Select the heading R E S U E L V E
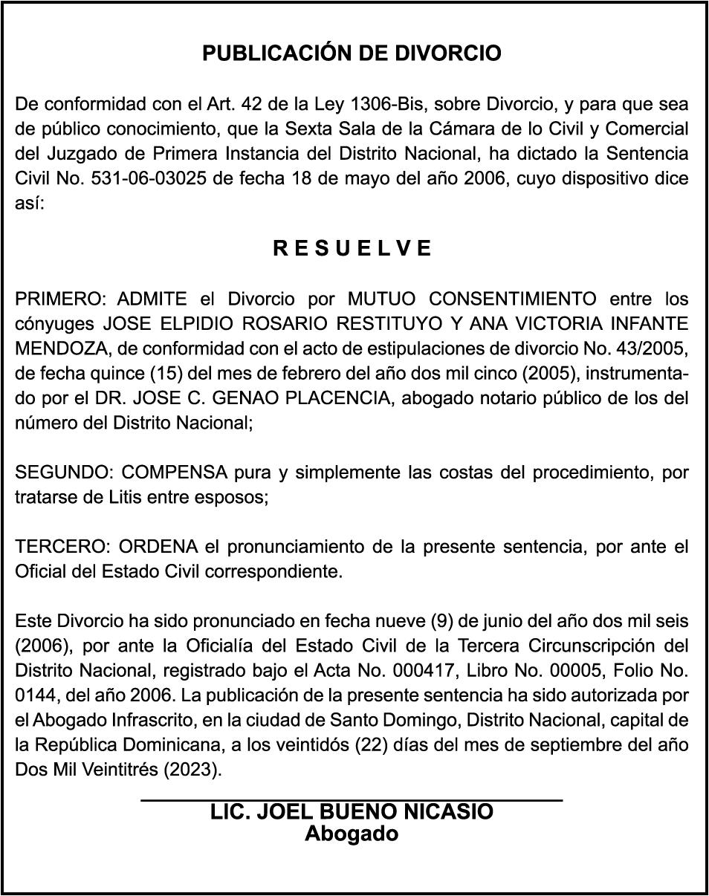352,248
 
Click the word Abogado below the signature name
352,834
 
